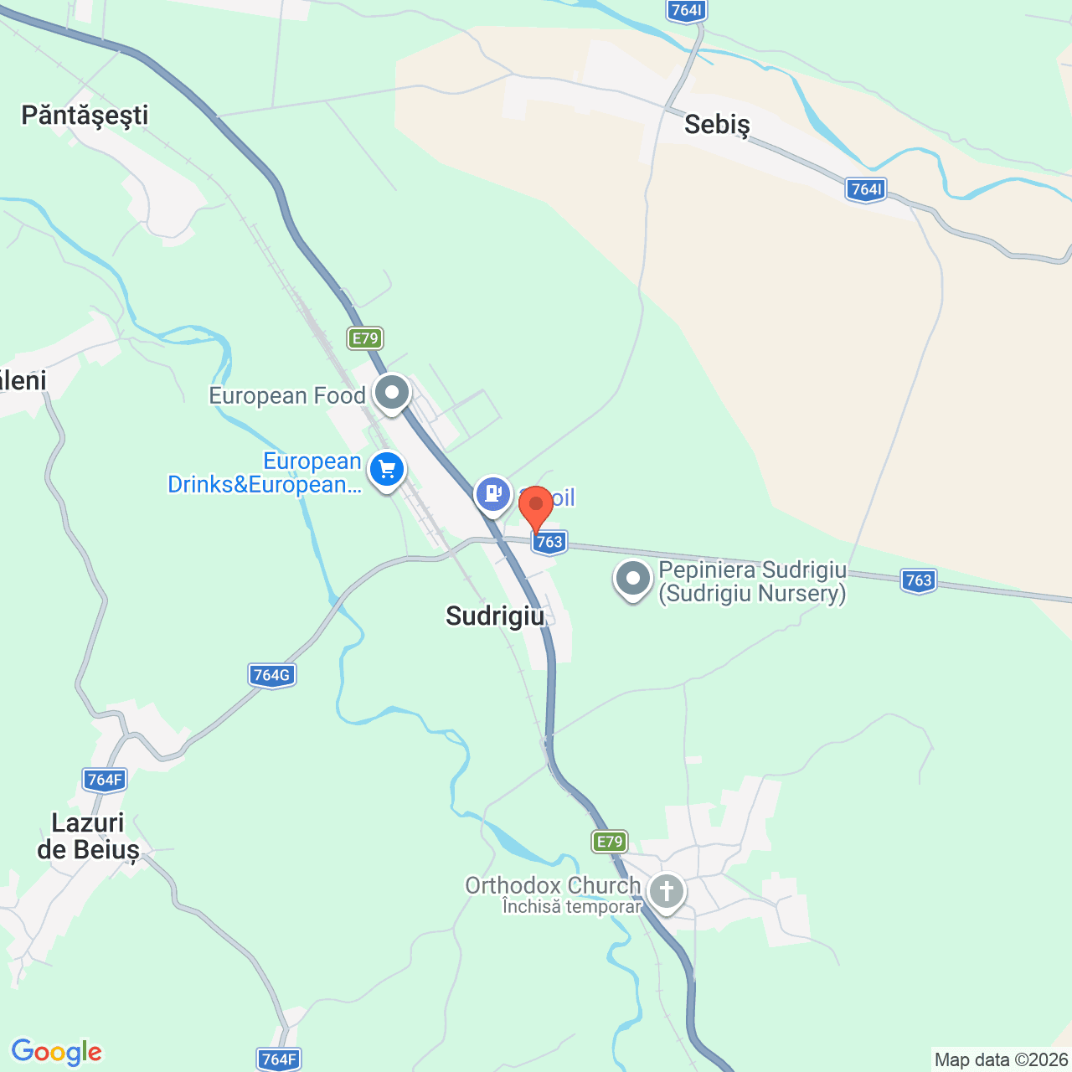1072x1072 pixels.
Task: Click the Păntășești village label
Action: point(85,115)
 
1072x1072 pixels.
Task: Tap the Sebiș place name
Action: point(717,125)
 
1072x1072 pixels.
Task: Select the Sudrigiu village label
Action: point(495,616)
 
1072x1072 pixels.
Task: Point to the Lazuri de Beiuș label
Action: point(88,836)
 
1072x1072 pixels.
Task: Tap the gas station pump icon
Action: point(493,493)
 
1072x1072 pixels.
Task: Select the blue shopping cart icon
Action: point(387,469)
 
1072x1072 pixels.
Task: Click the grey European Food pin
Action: point(391,392)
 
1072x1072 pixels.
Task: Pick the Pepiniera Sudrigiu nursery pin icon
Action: point(633,578)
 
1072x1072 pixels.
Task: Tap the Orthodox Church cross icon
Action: point(667,891)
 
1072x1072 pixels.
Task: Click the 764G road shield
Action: point(272,675)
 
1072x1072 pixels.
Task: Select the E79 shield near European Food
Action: point(365,338)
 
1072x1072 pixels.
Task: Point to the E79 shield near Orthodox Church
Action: point(609,842)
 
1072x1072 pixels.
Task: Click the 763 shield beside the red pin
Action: point(549,542)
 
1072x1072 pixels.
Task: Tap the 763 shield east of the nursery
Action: point(919,580)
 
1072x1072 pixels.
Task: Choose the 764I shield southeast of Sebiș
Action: point(867,189)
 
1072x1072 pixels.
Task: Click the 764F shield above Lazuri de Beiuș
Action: point(106,780)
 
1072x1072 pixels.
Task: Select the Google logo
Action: point(57,1052)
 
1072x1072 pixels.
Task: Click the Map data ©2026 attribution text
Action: point(1001,1059)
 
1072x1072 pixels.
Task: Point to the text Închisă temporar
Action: point(572,906)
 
